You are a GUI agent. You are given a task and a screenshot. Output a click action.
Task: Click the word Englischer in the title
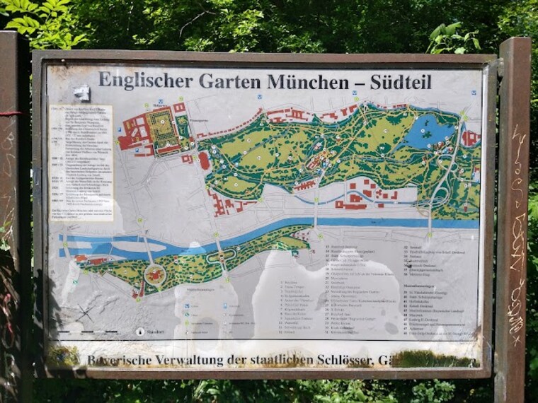point(144,80)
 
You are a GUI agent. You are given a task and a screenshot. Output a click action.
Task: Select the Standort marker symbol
point(140,331)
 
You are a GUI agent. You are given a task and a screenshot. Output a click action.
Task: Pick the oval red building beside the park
point(205,160)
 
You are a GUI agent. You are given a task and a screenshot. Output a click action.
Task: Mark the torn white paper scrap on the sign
point(81,93)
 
